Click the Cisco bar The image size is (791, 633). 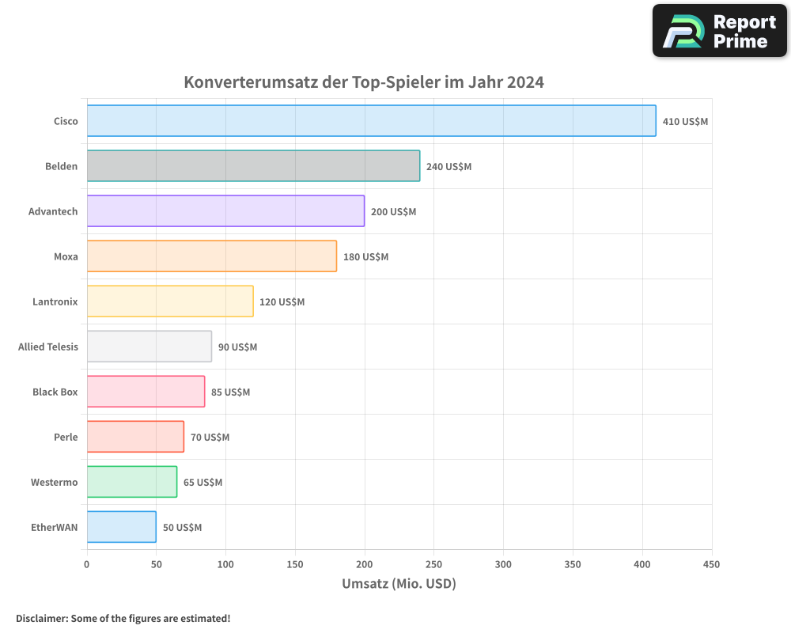point(371,121)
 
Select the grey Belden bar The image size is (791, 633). point(253,166)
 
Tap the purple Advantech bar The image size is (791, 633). point(225,211)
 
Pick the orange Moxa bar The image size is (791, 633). point(211,256)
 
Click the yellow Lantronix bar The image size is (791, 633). point(170,301)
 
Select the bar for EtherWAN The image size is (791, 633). point(121,527)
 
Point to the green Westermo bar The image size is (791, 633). point(131,482)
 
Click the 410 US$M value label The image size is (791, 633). point(685,122)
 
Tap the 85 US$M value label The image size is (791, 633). point(230,392)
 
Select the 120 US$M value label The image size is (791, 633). point(282,302)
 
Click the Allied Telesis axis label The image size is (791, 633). point(48,347)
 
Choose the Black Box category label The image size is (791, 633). point(55,392)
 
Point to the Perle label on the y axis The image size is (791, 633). point(66,437)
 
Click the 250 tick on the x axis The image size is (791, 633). point(433,565)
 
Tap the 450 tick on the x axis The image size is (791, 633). point(711,565)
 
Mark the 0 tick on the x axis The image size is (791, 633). point(87,565)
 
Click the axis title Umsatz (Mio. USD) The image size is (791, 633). point(399,584)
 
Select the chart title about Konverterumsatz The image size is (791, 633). point(364,82)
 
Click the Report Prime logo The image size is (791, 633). point(719,31)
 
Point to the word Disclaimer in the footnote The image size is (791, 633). point(41,618)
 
